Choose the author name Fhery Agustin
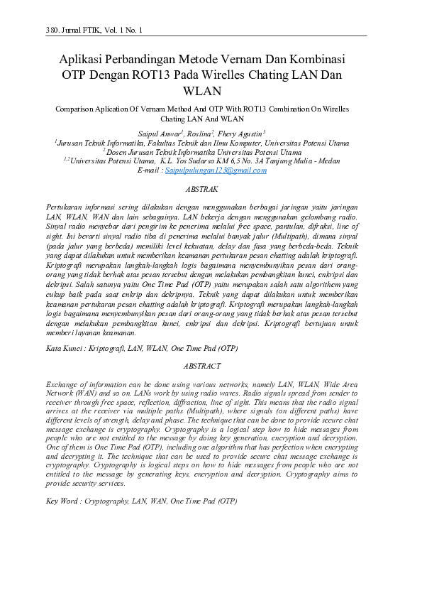click(243, 133)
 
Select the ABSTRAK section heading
click(202, 190)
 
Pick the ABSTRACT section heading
click(202, 366)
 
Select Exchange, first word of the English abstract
click(62, 384)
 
